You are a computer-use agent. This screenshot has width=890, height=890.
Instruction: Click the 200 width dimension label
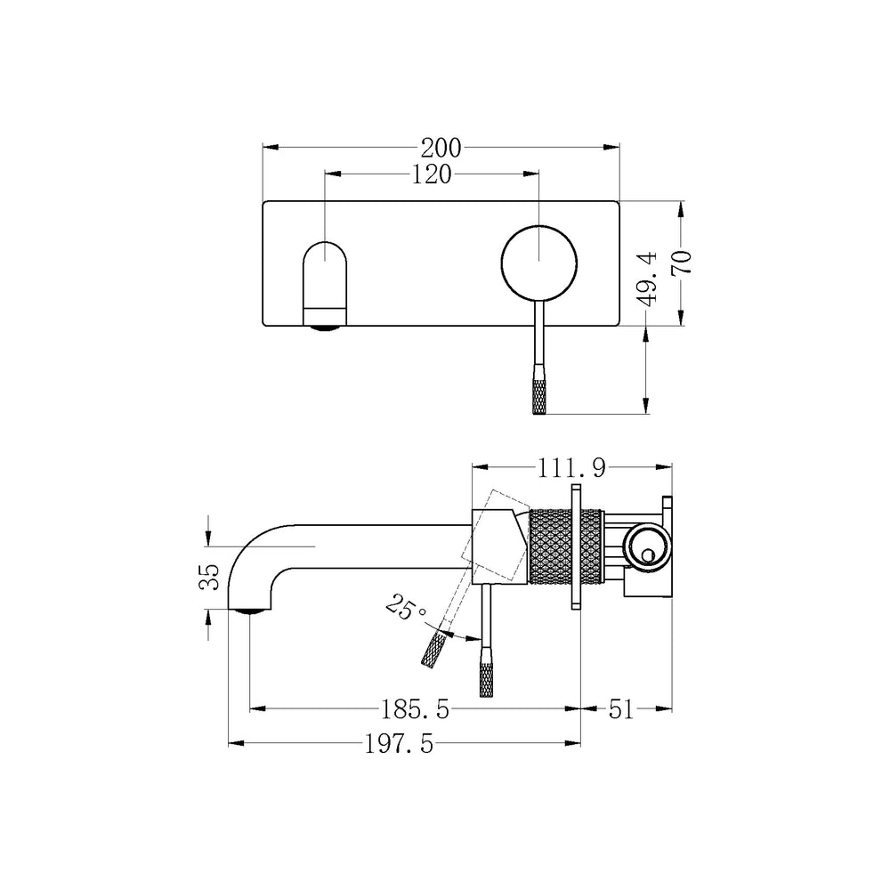click(441, 148)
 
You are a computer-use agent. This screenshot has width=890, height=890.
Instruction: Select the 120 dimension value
click(431, 174)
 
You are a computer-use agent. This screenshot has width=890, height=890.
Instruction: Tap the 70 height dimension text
click(682, 263)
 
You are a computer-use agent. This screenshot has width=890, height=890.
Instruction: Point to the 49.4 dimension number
click(648, 279)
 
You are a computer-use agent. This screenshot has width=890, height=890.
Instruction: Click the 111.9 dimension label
click(571, 468)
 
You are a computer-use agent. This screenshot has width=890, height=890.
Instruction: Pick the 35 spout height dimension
click(209, 577)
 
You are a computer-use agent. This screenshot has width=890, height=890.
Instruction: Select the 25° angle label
click(405, 607)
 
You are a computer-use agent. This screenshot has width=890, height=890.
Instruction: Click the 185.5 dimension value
click(415, 709)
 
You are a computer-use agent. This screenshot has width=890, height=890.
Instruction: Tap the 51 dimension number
click(620, 709)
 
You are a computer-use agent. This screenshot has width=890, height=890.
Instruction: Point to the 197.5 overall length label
click(399, 743)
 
